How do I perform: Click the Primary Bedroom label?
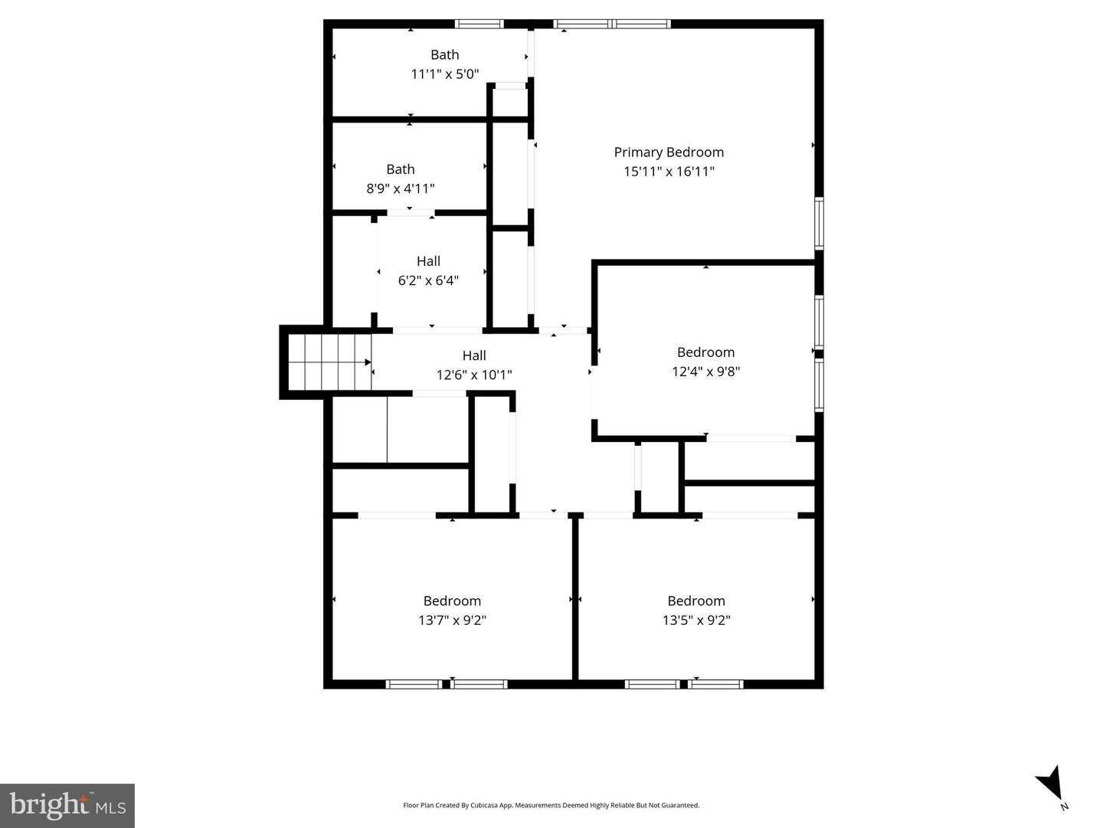pos(669,152)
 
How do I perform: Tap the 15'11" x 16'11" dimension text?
pos(669,172)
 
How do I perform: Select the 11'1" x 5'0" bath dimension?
pos(445,74)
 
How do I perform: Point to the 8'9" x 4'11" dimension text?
pos(400,188)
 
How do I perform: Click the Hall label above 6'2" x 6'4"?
pos(428,260)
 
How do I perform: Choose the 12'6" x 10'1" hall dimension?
pos(474,375)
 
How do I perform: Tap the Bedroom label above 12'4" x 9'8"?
pos(705,352)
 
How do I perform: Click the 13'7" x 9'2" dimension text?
pos(452,620)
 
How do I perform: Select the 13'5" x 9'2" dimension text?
pos(696,620)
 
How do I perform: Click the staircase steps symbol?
pos(329,362)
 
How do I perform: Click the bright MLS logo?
pos(67,806)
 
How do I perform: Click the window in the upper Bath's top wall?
pos(479,24)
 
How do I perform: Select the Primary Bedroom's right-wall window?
pos(819,223)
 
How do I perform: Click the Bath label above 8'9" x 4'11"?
pos(400,169)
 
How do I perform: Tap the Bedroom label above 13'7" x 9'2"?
pos(452,601)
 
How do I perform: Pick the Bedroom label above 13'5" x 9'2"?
pos(696,601)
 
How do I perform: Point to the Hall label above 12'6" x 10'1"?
pos(474,355)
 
